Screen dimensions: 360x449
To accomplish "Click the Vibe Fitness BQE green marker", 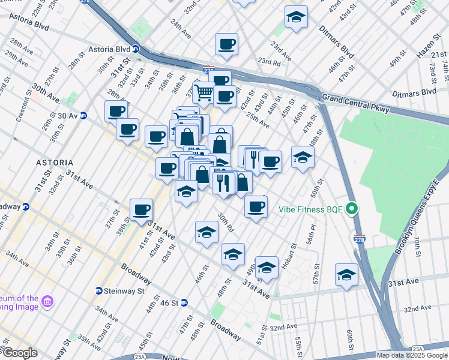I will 353,209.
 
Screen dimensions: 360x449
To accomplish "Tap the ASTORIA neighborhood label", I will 54,163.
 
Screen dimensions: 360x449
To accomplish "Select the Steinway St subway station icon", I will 98,291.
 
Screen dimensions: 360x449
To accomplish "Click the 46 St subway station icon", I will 184,303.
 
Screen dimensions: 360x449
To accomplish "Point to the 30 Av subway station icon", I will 83,115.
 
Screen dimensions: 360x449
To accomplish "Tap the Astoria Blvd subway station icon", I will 136,49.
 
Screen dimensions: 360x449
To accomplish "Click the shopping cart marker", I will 204,92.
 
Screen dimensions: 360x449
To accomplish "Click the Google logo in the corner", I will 19,352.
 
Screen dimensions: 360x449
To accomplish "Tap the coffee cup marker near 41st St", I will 141,209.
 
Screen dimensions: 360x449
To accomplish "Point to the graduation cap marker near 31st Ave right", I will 346,274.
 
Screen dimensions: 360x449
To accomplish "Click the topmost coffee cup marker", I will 226,44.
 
